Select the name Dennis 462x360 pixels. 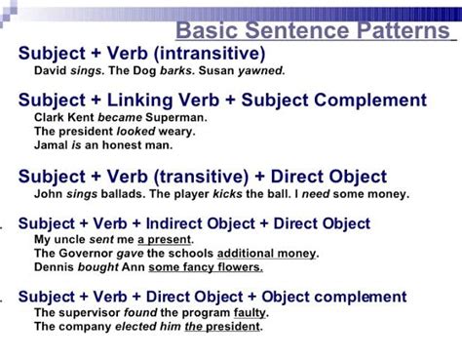[x=54, y=268]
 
